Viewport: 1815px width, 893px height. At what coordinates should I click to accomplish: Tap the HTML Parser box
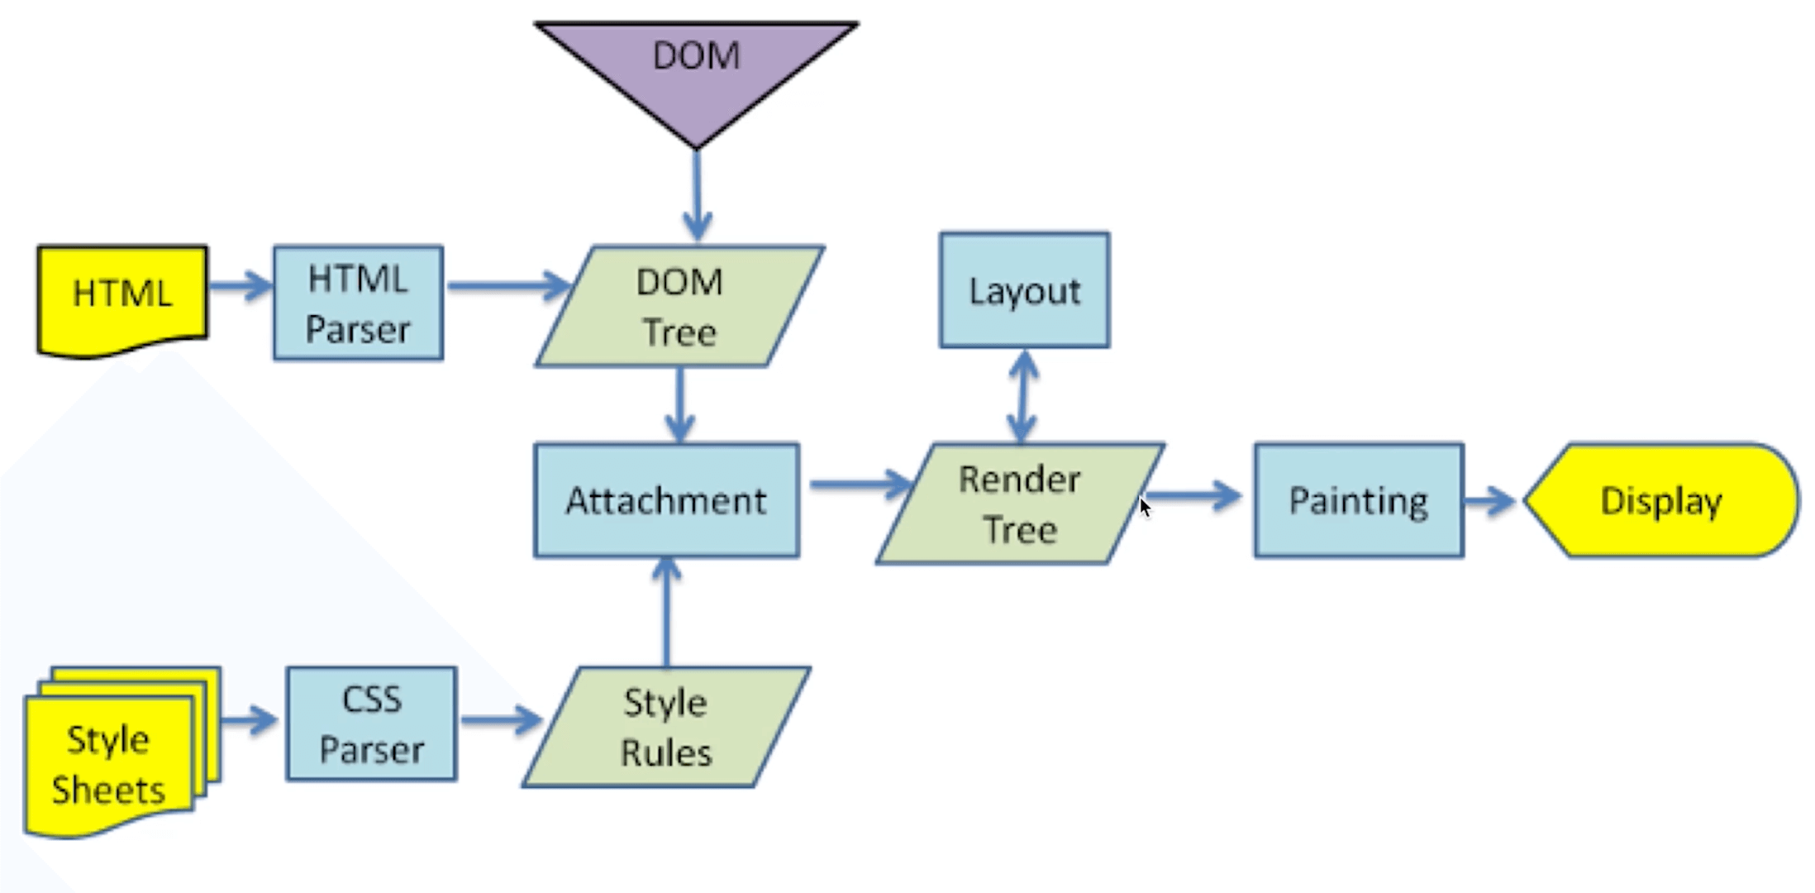coord(358,303)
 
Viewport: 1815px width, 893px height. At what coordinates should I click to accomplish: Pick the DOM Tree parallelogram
coord(679,307)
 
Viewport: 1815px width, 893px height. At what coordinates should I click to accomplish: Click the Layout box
coord(1024,290)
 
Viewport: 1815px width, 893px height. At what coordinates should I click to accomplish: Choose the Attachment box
coord(666,501)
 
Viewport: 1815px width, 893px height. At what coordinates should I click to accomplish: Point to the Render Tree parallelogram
coord(1019,504)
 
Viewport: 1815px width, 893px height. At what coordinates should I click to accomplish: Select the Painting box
coord(1358,501)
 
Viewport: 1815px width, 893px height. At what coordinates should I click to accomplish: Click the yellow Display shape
coord(1661,501)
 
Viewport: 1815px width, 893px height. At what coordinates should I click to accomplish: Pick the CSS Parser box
coord(371,724)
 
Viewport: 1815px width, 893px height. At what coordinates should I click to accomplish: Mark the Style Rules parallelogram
coord(665,728)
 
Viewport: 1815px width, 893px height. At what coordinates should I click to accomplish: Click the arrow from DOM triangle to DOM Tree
coord(697,195)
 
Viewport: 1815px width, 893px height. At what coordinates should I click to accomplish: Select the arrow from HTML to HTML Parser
coord(240,286)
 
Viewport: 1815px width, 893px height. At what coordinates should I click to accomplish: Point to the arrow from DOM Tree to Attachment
coord(679,405)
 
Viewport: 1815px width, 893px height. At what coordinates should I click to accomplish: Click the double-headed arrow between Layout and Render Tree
coord(1023,396)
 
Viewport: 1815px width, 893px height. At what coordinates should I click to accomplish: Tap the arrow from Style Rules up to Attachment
coord(667,612)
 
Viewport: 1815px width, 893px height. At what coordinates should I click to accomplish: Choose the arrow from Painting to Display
coord(1489,500)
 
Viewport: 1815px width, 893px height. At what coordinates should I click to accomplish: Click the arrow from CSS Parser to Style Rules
coord(501,720)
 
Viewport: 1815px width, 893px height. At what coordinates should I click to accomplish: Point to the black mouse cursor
coord(1144,506)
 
